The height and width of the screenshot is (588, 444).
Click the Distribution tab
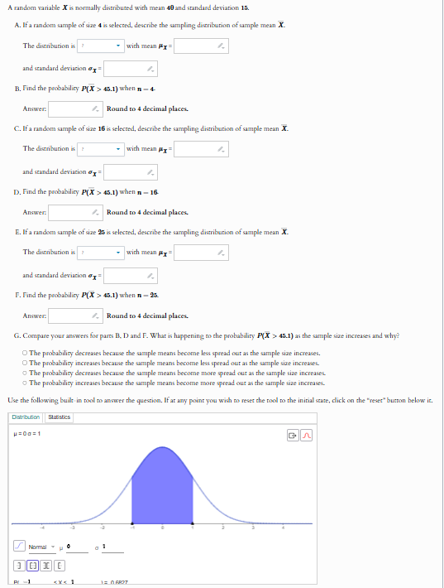click(26, 417)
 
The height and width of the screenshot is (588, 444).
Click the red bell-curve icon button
click(306, 435)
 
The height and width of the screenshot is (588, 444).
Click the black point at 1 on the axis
click(193, 523)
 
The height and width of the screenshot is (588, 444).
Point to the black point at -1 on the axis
click(132, 523)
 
